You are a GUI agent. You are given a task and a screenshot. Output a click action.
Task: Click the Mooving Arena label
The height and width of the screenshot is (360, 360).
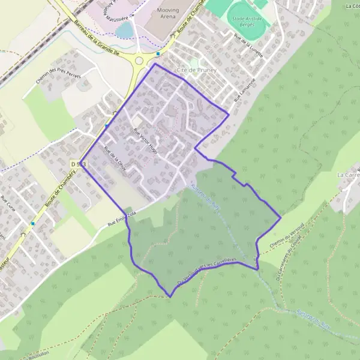coord(155,14)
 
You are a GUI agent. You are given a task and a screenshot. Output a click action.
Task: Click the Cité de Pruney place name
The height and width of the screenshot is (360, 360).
coord(196,70)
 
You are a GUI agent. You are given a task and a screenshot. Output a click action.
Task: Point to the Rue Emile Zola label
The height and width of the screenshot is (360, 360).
coord(124,221)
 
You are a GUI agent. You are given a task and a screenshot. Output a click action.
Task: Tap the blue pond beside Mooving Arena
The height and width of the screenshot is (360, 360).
coord(124,29)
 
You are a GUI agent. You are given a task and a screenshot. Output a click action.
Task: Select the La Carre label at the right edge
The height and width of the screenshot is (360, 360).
coord(348,175)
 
